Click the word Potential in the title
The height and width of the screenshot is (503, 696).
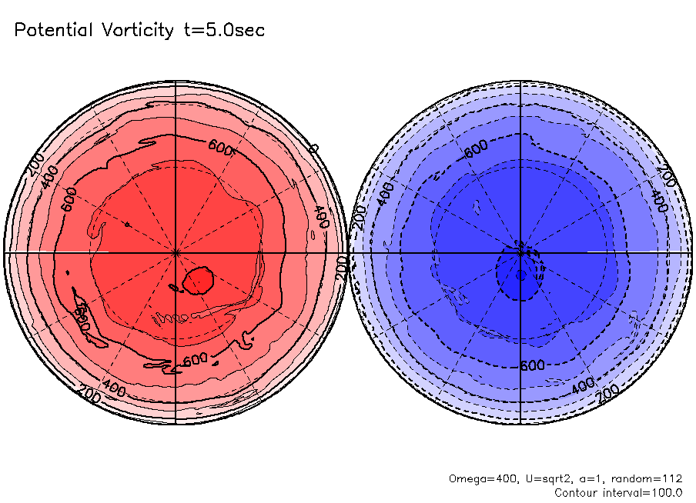pos(54,31)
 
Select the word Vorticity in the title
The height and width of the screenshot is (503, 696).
pos(137,31)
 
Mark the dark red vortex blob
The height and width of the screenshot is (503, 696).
pos(199,280)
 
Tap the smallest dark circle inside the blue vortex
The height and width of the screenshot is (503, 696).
pos(520,275)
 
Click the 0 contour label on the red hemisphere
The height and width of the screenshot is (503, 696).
pos(313,148)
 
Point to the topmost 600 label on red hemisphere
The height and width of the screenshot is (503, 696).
pos(221,145)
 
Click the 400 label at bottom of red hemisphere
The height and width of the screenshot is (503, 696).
pos(114,386)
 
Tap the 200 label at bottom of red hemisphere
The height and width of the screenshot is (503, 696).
pos(89,395)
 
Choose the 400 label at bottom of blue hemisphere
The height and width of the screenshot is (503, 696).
pos(583,382)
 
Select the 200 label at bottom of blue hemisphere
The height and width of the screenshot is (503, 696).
pos(609,392)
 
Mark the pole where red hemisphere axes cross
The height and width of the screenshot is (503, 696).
pos(176,252)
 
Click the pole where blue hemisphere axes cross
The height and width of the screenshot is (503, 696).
pos(521,252)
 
